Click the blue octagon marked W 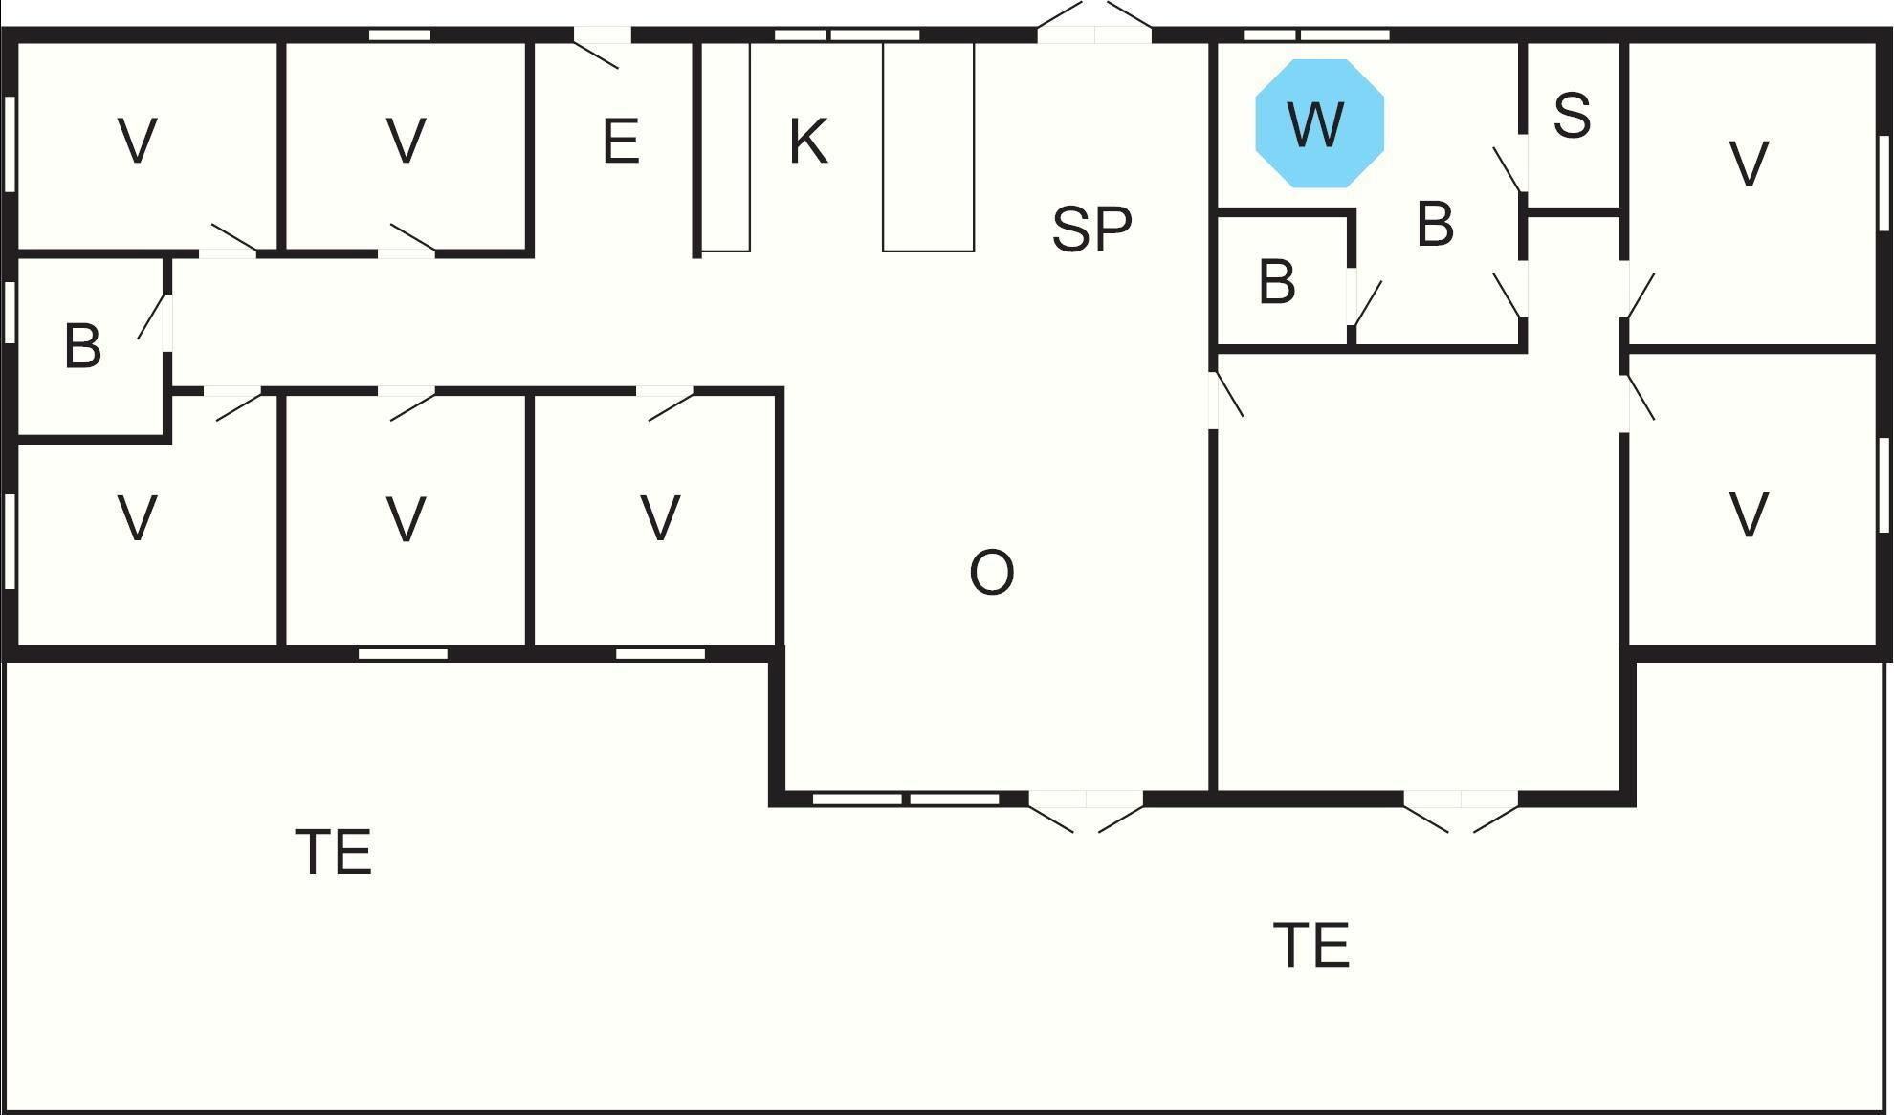(x=1319, y=123)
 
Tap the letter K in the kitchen (x=808, y=142)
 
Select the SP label (x=1091, y=229)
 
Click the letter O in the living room (x=991, y=573)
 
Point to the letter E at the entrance (x=621, y=142)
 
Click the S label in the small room (x=1572, y=116)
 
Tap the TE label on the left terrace (x=334, y=851)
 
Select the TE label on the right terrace (x=1311, y=945)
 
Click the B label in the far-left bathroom (x=82, y=346)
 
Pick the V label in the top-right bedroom (x=1750, y=164)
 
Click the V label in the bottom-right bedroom (x=1750, y=515)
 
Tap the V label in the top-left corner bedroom (x=137, y=142)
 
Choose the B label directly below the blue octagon (x=1277, y=282)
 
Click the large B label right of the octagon (x=1435, y=225)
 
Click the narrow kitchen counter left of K (x=725, y=146)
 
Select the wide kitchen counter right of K (x=928, y=146)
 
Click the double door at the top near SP (x=1094, y=21)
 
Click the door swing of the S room (x=1508, y=169)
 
